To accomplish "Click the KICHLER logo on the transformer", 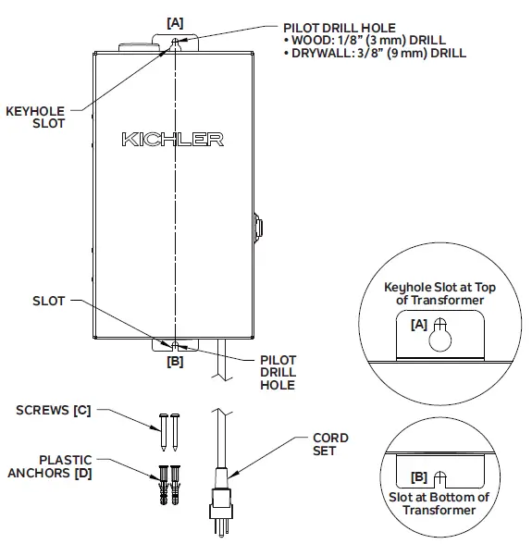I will click(x=172, y=140).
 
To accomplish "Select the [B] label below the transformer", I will click(x=174, y=362).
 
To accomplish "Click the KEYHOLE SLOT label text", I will click(x=36, y=117).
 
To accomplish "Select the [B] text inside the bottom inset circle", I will click(x=419, y=478).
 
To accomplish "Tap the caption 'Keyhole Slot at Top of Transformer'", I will click(x=439, y=293).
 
